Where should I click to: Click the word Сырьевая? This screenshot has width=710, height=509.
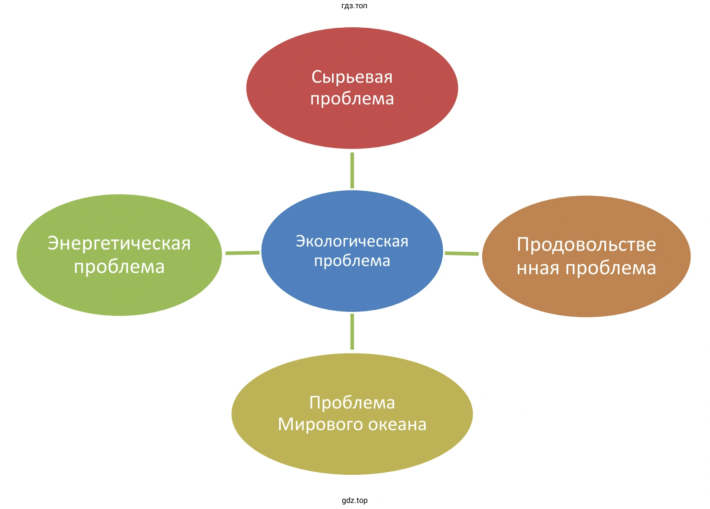click(x=352, y=78)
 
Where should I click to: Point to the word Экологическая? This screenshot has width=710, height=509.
click(x=352, y=241)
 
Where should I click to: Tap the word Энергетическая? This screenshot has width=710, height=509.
click(x=119, y=243)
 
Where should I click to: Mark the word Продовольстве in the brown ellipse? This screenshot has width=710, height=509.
click(x=586, y=245)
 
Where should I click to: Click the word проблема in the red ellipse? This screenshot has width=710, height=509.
click(x=352, y=99)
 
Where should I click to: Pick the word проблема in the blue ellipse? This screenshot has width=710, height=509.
click(x=352, y=261)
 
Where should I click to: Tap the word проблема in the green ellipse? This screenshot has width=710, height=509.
click(x=119, y=267)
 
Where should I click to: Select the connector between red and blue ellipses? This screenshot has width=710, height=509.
click(x=352, y=170)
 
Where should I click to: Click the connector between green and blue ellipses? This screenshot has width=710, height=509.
click(x=242, y=253)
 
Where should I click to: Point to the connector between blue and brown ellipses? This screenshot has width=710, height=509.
click(x=462, y=253)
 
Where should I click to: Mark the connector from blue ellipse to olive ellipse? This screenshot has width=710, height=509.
click(x=352, y=331)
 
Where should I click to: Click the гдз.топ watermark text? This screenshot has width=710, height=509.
click(x=354, y=6)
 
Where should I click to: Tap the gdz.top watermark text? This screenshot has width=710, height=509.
click(x=354, y=501)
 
